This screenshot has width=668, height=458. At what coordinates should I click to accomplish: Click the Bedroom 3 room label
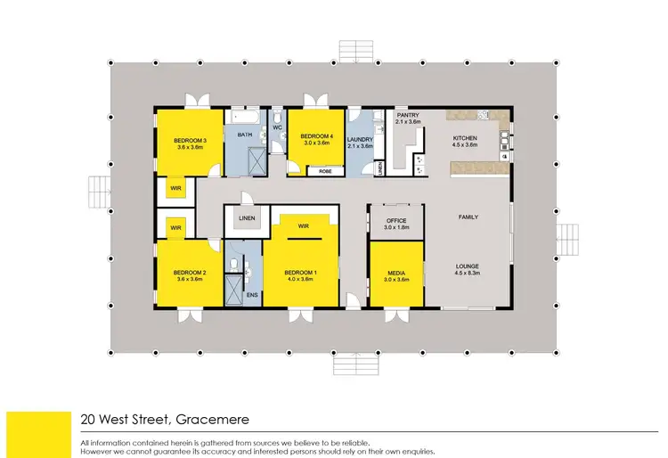click(191, 141)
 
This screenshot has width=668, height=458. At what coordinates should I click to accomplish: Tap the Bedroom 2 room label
click(190, 273)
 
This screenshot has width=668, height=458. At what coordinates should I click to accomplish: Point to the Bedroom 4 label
click(316, 136)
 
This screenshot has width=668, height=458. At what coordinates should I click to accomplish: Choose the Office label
click(396, 220)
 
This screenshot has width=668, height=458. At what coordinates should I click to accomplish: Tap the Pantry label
click(408, 115)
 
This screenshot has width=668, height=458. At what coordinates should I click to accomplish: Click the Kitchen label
click(466, 138)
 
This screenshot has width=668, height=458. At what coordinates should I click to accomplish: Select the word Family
click(468, 217)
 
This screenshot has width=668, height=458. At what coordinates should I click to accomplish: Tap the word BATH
click(242, 135)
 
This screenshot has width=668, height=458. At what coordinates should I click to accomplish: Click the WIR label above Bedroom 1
click(303, 225)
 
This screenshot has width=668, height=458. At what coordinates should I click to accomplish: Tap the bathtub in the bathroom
click(243, 116)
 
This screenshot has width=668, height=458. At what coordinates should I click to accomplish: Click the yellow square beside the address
click(38, 434)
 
